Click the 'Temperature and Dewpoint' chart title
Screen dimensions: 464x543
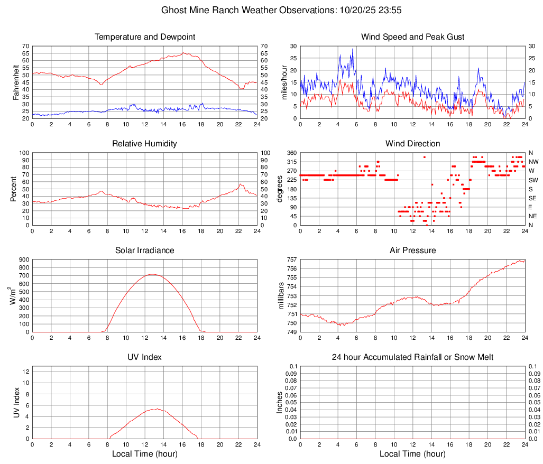pos(144,37)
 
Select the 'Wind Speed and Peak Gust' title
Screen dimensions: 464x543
pos(412,37)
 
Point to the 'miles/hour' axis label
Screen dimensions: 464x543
pos(284,82)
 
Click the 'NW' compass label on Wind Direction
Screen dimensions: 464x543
pos(533,162)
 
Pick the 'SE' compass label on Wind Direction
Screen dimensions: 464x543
pos(533,198)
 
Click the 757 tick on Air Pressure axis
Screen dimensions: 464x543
pos(292,260)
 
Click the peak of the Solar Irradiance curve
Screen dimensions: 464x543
pos(153,274)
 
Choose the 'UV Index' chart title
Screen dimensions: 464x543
pos(144,357)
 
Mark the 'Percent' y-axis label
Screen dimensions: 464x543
pos(13,189)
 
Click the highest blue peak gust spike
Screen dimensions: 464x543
pos(353,49)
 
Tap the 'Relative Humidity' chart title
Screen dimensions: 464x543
pos(144,144)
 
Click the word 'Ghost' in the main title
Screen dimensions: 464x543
pos(173,10)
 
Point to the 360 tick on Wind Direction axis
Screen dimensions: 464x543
pos(292,153)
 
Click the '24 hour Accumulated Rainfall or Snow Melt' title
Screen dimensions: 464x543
pos(412,357)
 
